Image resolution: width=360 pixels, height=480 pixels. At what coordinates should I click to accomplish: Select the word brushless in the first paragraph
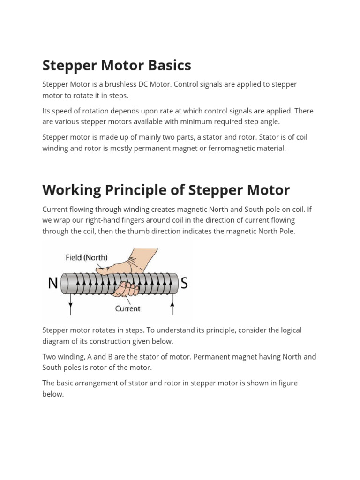[x=117, y=84]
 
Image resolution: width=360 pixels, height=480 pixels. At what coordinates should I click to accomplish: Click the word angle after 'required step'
[x=270, y=122]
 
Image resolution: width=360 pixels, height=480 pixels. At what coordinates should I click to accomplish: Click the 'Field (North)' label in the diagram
[x=86, y=257]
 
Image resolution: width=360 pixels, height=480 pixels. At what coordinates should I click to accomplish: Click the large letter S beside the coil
[x=184, y=284]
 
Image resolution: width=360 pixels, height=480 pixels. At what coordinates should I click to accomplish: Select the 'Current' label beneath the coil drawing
[x=127, y=308]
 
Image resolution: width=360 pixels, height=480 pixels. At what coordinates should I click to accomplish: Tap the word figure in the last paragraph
[x=287, y=383]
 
